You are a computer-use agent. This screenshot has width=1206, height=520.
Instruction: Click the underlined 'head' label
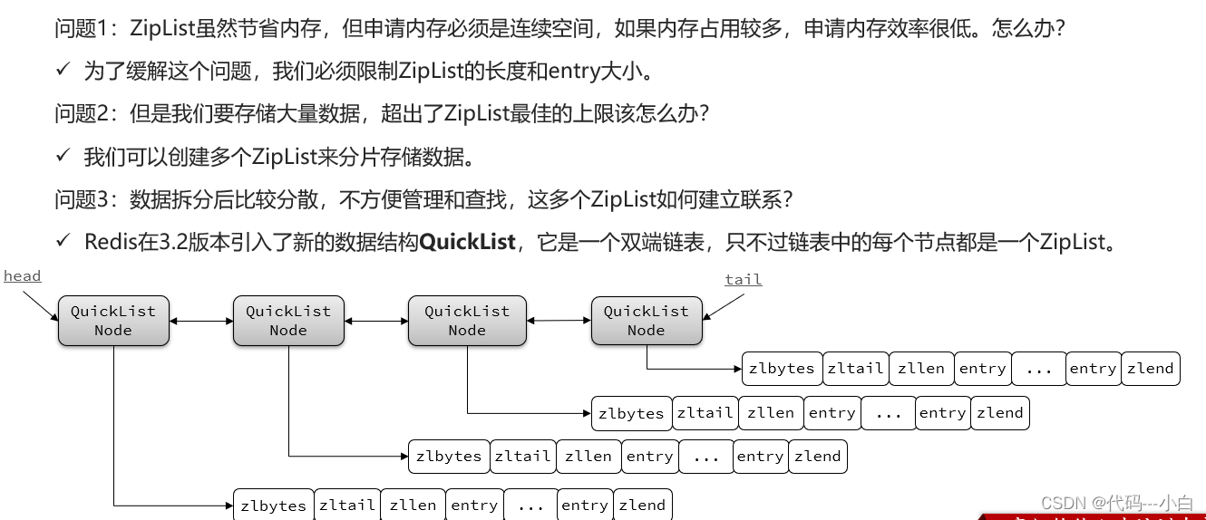coord(22,276)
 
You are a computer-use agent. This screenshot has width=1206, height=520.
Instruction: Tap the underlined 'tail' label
coord(743,280)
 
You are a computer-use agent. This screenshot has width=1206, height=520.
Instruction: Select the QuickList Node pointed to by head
coord(113,321)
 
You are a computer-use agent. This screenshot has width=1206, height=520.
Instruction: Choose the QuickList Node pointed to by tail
coord(647,321)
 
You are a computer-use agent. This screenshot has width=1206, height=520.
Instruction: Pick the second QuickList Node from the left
coord(288,321)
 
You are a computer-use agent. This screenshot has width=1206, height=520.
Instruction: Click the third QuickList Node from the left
coord(467,321)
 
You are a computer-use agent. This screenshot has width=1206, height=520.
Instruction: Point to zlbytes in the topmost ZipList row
coord(782,369)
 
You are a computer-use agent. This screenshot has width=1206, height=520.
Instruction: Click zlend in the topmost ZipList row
coord(1150,369)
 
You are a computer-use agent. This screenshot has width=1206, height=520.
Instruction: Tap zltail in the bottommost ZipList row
coord(346,506)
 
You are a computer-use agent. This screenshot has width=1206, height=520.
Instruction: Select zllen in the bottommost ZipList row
coord(413,506)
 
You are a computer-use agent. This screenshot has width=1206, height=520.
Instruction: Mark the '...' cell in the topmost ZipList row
coord(1038,369)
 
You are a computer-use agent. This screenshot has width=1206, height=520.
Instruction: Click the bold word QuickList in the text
coord(467,242)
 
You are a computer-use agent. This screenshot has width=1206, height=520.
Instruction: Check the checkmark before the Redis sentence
coord(63,241)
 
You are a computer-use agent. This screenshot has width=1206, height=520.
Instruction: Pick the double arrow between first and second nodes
coord(201,321)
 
